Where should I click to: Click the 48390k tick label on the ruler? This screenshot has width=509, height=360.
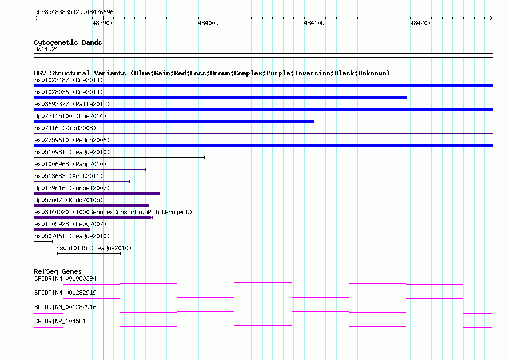102,23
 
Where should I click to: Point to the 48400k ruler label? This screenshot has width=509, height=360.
208,23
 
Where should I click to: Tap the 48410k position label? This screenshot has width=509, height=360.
314,23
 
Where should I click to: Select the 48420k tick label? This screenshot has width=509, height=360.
420,23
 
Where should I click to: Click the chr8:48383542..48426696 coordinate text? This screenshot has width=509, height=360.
74,12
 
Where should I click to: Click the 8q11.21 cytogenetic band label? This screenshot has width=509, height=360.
46,49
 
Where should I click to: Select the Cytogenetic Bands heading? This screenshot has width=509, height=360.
68,42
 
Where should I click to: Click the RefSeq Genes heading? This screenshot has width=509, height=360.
58,271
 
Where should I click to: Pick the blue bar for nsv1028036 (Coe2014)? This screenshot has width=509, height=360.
220,98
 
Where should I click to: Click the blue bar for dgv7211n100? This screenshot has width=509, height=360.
174,122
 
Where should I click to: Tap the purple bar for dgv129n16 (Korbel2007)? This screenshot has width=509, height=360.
97,194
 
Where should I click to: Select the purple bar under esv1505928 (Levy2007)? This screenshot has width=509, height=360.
62,230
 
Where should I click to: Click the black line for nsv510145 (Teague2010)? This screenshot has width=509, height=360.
89,254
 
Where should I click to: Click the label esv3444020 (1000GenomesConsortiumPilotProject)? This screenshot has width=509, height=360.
113,212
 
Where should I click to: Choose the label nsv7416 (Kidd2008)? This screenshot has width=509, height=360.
65,128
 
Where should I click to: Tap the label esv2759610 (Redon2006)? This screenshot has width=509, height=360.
72,140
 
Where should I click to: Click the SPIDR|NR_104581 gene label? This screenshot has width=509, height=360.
60,321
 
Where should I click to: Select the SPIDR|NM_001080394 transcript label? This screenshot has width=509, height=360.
65,279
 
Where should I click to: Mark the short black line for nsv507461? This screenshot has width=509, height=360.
43,242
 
